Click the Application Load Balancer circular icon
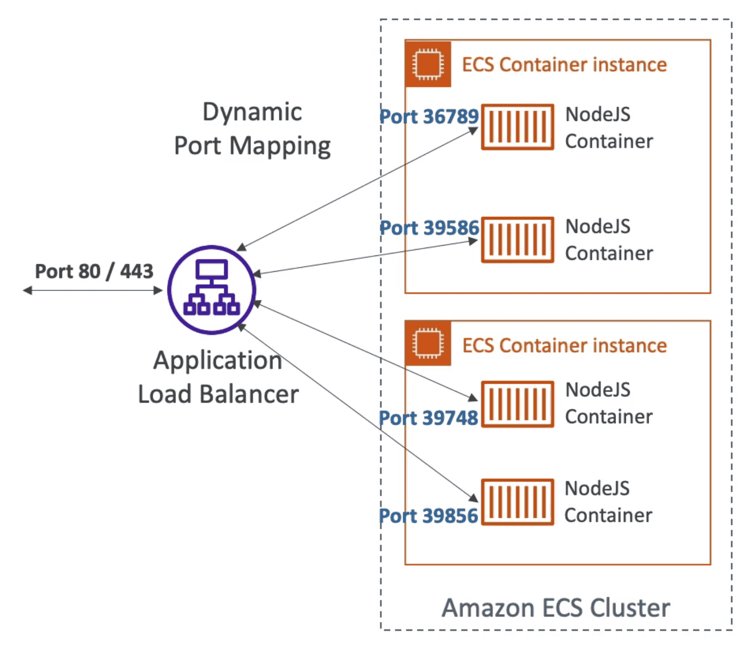click(x=211, y=290)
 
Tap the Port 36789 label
click(x=429, y=116)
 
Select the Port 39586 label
click(x=429, y=228)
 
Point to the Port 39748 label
click(x=428, y=418)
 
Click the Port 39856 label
click(x=428, y=516)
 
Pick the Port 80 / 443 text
click(x=94, y=271)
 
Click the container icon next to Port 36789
click(x=517, y=127)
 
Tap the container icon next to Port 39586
click(x=517, y=240)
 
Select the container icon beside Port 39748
click(x=517, y=404)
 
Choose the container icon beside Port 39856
click(x=517, y=502)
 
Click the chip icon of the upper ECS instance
click(x=428, y=64)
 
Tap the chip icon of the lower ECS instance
click(x=428, y=343)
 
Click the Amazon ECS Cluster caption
click(x=555, y=608)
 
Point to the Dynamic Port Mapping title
click(x=252, y=129)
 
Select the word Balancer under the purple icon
click(x=249, y=394)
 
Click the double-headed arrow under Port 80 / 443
click(x=93, y=290)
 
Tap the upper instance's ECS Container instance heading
click(x=564, y=65)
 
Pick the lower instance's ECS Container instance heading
click(x=564, y=346)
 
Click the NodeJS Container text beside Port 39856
click(x=608, y=502)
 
